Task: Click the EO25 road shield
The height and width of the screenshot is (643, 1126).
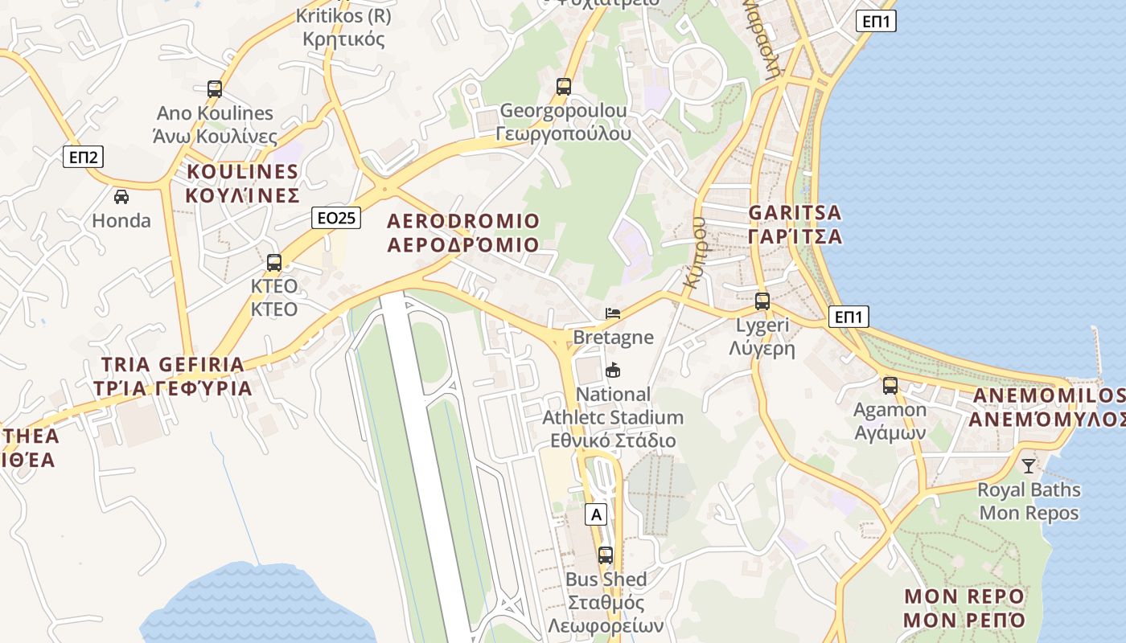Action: point(336,217)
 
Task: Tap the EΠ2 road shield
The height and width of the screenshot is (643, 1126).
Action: point(83,157)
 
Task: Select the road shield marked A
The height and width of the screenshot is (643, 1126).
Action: point(595,514)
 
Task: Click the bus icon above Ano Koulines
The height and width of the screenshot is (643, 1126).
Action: point(215,89)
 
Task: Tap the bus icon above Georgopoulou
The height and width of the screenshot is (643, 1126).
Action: point(564,87)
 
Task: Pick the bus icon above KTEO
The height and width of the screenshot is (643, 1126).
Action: point(274,263)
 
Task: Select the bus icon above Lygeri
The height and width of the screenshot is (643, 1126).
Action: point(762,302)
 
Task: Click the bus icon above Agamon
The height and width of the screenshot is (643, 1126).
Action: point(890,386)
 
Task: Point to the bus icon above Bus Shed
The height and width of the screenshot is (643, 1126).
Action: point(606,555)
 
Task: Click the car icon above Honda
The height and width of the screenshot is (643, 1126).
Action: point(121,197)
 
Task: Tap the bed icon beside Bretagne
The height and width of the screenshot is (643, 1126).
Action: point(613,313)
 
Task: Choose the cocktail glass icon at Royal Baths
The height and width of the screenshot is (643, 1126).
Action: point(1029,465)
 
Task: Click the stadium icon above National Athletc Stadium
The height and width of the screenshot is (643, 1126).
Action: point(613,370)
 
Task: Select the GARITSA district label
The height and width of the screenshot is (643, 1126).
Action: point(795,224)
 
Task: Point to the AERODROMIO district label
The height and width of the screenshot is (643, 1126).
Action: point(463,232)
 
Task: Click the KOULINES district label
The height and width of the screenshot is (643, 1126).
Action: point(242,183)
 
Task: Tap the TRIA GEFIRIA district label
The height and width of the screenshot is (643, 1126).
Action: point(173,376)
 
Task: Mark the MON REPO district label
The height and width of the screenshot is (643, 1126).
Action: point(964,608)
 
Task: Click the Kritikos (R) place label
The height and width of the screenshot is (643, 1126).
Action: point(343,27)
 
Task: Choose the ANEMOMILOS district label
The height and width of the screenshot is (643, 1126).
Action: point(1049,408)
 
